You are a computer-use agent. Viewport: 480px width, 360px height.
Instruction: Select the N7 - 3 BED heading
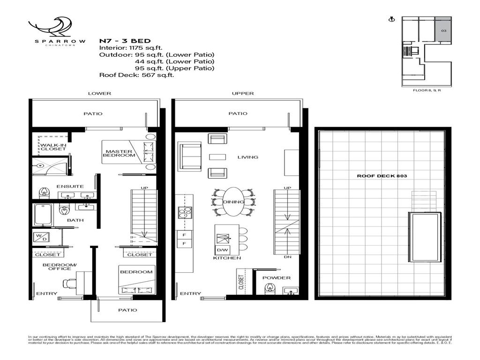124,41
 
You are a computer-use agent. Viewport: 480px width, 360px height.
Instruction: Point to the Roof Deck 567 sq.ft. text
136,75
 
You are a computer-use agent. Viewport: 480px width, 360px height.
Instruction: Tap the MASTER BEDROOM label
120,153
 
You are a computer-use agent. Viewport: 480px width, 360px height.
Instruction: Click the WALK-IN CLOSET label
53,147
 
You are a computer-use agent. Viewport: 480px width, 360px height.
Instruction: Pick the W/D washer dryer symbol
39,237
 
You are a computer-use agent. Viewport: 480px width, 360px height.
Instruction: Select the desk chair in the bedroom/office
70,283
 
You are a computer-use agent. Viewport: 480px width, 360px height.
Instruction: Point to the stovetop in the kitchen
181,212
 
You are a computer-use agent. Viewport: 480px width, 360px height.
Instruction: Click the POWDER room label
277,278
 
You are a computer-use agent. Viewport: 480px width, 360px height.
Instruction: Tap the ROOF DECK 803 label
378,176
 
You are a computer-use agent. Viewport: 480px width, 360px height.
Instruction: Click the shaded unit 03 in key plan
443,30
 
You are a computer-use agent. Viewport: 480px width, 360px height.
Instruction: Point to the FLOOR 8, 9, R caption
426,91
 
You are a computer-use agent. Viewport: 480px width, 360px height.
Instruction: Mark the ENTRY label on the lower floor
46,294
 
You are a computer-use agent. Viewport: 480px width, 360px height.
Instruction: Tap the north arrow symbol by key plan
390,20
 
